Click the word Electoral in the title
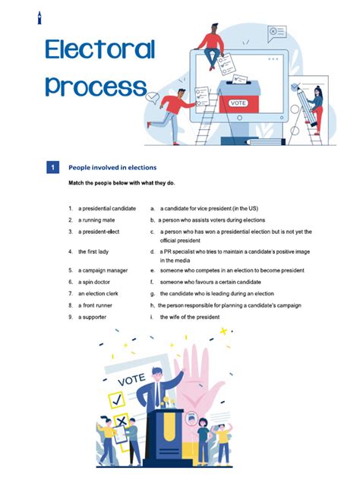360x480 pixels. pos(100,49)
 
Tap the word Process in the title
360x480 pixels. pos(96,87)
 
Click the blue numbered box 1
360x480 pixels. pos(52,167)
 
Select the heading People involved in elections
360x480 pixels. pos(112,167)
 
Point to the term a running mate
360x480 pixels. pos(96,220)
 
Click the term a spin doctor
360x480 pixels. pos(94,282)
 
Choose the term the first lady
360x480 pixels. pos(93,251)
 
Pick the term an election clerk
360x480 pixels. pos(98,294)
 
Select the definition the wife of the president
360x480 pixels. pos(190,317)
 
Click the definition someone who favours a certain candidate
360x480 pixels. pos(210,282)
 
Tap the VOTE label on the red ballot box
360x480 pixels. pos(238,103)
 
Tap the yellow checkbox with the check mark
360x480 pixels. pos(117,399)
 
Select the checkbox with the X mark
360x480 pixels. pos(122,422)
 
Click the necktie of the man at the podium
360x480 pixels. pos(157,394)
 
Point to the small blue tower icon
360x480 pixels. pos(39,17)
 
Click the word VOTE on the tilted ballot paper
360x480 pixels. pos(131,380)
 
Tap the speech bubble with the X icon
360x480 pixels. pos(277,33)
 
